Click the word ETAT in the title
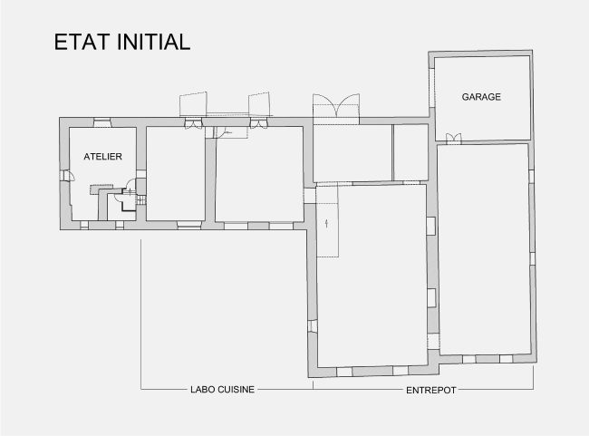click(x=82, y=42)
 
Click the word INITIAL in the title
click(x=154, y=42)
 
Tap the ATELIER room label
click(x=102, y=156)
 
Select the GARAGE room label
click(x=481, y=97)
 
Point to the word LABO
click(x=201, y=390)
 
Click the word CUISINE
click(x=235, y=390)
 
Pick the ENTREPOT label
click(x=431, y=390)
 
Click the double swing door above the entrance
click(x=336, y=105)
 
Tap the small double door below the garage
click(x=453, y=139)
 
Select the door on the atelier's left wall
click(x=67, y=176)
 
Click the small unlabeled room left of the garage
click(x=410, y=152)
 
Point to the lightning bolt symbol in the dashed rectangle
click(x=326, y=223)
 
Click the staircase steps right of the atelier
click(x=140, y=200)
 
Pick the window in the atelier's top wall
click(x=102, y=123)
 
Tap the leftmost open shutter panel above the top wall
click(x=193, y=103)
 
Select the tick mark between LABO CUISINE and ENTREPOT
click(x=313, y=385)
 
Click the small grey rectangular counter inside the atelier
click(x=101, y=189)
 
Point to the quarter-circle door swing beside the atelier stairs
click(x=130, y=184)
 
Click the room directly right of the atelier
click(x=176, y=174)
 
